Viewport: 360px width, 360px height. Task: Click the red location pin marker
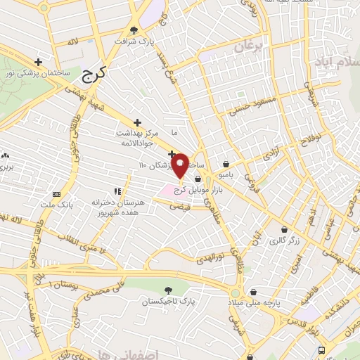coord(180,166)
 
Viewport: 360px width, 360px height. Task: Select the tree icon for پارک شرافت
coord(134,30)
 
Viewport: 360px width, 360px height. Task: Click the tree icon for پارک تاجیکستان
coord(167,289)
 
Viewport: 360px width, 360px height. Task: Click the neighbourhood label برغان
coord(247,48)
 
